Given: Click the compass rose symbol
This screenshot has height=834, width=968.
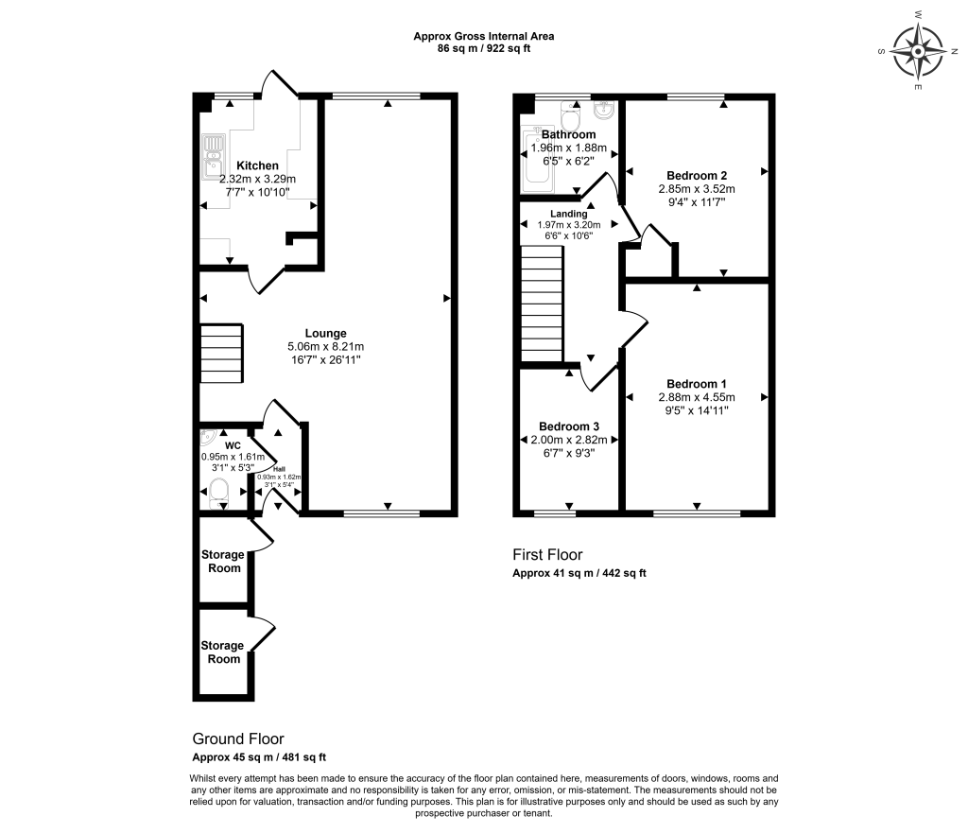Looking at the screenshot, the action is (919, 51).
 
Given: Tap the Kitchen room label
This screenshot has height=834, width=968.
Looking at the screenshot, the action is (257, 165).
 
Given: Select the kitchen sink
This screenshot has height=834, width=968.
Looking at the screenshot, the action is (212, 157).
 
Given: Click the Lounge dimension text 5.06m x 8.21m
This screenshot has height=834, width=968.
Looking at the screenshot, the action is (326, 346).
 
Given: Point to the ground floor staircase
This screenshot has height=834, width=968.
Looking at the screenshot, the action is (221, 353).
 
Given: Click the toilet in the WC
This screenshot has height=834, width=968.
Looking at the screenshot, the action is (218, 494).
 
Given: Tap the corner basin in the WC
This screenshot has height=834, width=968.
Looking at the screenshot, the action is (208, 437).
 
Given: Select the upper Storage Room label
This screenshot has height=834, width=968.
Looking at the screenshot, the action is (223, 561).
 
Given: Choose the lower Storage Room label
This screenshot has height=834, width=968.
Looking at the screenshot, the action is (222, 652).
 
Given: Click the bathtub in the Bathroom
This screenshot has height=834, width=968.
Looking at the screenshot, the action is (537, 160).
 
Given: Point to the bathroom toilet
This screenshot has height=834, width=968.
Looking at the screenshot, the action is (570, 113).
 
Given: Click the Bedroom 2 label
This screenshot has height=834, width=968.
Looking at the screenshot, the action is (697, 175).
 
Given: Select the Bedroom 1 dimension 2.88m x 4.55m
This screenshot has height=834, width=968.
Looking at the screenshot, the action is (697, 397).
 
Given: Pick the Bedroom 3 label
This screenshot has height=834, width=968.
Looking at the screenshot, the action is (568, 426).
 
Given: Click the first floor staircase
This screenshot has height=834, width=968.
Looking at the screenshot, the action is (542, 304).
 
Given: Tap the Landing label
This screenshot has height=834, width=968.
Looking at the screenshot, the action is (568, 214).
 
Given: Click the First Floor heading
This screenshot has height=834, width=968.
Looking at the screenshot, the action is (547, 554).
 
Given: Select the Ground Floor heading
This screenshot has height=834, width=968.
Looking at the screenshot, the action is (238, 738).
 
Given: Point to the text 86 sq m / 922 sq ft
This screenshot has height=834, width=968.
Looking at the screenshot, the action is (484, 48).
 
